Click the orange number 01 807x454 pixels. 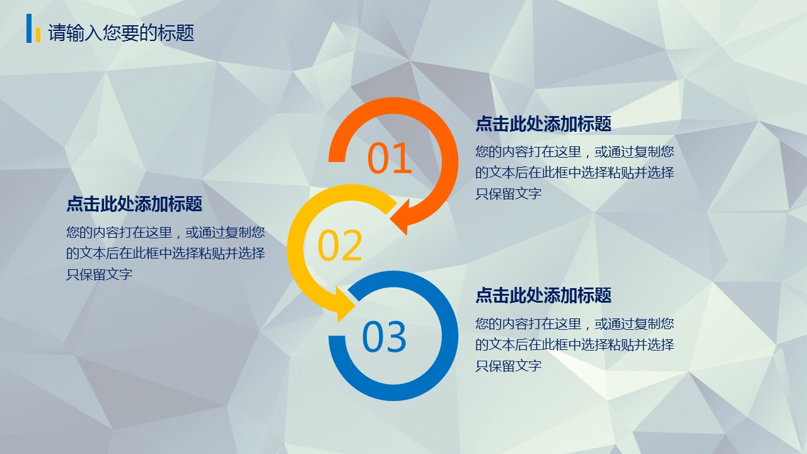point(390,158)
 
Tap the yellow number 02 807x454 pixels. point(340,245)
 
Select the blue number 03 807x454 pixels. point(384,337)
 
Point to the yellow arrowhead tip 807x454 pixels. point(356,306)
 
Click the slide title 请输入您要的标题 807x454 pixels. point(122,33)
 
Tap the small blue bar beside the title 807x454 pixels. point(29,28)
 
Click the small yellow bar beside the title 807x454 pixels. point(38,35)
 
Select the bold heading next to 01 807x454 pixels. point(543,124)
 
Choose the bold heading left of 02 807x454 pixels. point(134,204)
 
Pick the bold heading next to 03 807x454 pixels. point(543,295)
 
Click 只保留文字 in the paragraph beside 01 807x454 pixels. point(508,194)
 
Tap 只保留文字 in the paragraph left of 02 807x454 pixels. point(99,274)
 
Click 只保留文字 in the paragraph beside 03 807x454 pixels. point(508,365)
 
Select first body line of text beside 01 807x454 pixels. point(574,152)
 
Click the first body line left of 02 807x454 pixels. point(165,233)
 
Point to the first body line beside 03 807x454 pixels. point(574,323)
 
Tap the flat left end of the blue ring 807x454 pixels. point(337,336)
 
